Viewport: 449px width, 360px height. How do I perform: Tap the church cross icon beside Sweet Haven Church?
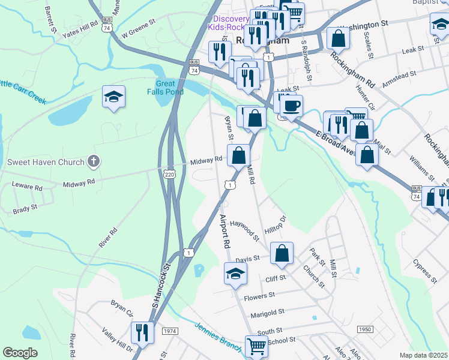[92, 161]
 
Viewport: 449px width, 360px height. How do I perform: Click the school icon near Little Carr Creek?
[112, 97]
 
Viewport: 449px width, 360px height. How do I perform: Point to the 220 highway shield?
[169, 173]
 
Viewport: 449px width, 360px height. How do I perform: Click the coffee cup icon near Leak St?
[292, 106]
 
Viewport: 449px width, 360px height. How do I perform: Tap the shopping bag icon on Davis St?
[282, 253]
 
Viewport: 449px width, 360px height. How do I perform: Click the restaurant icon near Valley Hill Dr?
[142, 332]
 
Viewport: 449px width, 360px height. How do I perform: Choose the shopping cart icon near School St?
[256, 346]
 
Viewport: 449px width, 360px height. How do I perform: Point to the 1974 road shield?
[170, 331]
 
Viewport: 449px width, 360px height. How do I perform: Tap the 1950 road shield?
[365, 329]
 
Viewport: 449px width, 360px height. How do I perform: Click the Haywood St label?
[244, 230]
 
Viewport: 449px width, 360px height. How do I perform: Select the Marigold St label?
[267, 313]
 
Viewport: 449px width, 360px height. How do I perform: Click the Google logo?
[20, 353]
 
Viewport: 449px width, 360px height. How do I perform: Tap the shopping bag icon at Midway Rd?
[239, 155]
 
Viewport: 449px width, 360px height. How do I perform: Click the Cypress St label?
[425, 271]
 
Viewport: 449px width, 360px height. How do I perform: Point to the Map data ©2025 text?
[423, 355]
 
